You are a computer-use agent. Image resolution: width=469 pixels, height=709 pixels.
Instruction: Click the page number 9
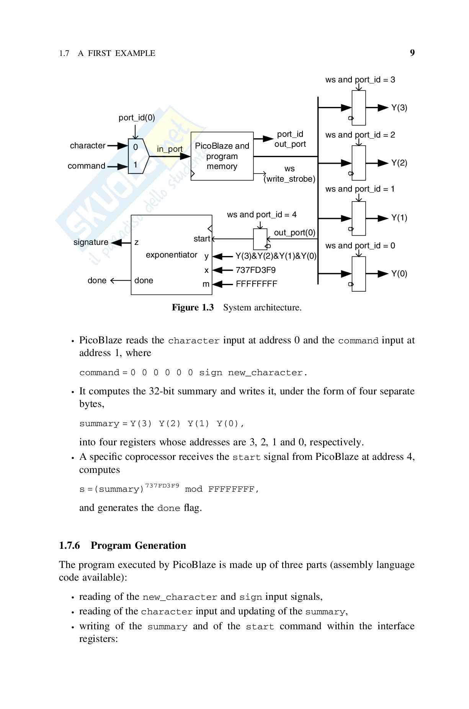(x=412, y=53)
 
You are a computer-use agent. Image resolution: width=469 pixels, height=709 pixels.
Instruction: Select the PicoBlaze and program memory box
(x=222, y=156)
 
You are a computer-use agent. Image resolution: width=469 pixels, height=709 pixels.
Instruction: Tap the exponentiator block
(x=171, y=255)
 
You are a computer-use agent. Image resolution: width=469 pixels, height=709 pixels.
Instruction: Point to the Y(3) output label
(x=399, y=108)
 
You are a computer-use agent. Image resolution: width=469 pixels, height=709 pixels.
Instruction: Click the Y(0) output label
(x=399, y=274)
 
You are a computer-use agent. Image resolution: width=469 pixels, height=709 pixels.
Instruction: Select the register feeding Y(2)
(x=359, y=163)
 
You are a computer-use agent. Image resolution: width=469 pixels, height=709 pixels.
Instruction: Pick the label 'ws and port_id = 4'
(x=261, y=215)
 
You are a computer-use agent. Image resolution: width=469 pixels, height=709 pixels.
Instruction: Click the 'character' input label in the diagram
(x=88, y=146)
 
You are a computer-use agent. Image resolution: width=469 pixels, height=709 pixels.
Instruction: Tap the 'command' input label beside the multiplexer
(x=87, y=166)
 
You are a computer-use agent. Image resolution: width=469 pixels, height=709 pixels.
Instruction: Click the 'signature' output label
(x=91, y=242)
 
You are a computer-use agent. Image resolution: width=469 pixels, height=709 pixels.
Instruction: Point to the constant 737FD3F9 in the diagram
(x=255, y=270)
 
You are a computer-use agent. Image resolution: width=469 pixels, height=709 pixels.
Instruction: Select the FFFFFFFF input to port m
(x=256, y=284)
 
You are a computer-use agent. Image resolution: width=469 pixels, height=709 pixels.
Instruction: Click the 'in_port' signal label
(x=170, y=149)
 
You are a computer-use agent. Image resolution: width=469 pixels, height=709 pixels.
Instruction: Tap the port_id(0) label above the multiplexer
(x=137, y=118)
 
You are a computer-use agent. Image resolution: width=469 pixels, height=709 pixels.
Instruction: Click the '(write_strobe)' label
(x=289, y=179)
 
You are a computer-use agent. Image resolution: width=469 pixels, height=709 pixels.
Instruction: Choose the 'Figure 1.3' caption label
(x=193, y=307)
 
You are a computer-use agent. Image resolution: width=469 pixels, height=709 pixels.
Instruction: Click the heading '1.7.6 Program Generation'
(x=123, y=545)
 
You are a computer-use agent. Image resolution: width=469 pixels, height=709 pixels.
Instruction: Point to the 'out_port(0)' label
(x=294, y=233)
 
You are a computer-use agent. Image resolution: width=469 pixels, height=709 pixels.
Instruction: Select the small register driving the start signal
(x=260, y=239)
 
